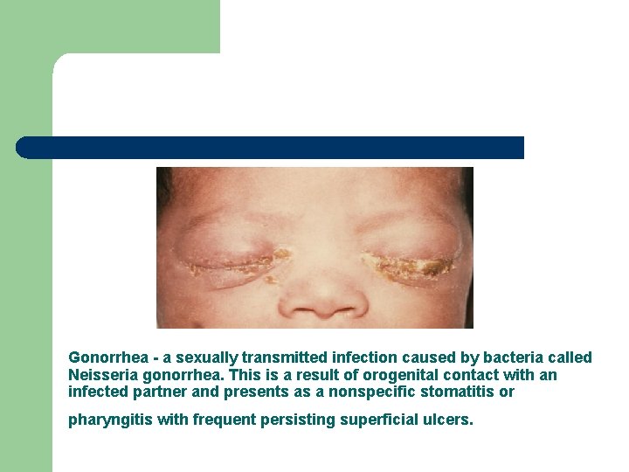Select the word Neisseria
[x=99, y=375]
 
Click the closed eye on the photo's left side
[x=232, y=260]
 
